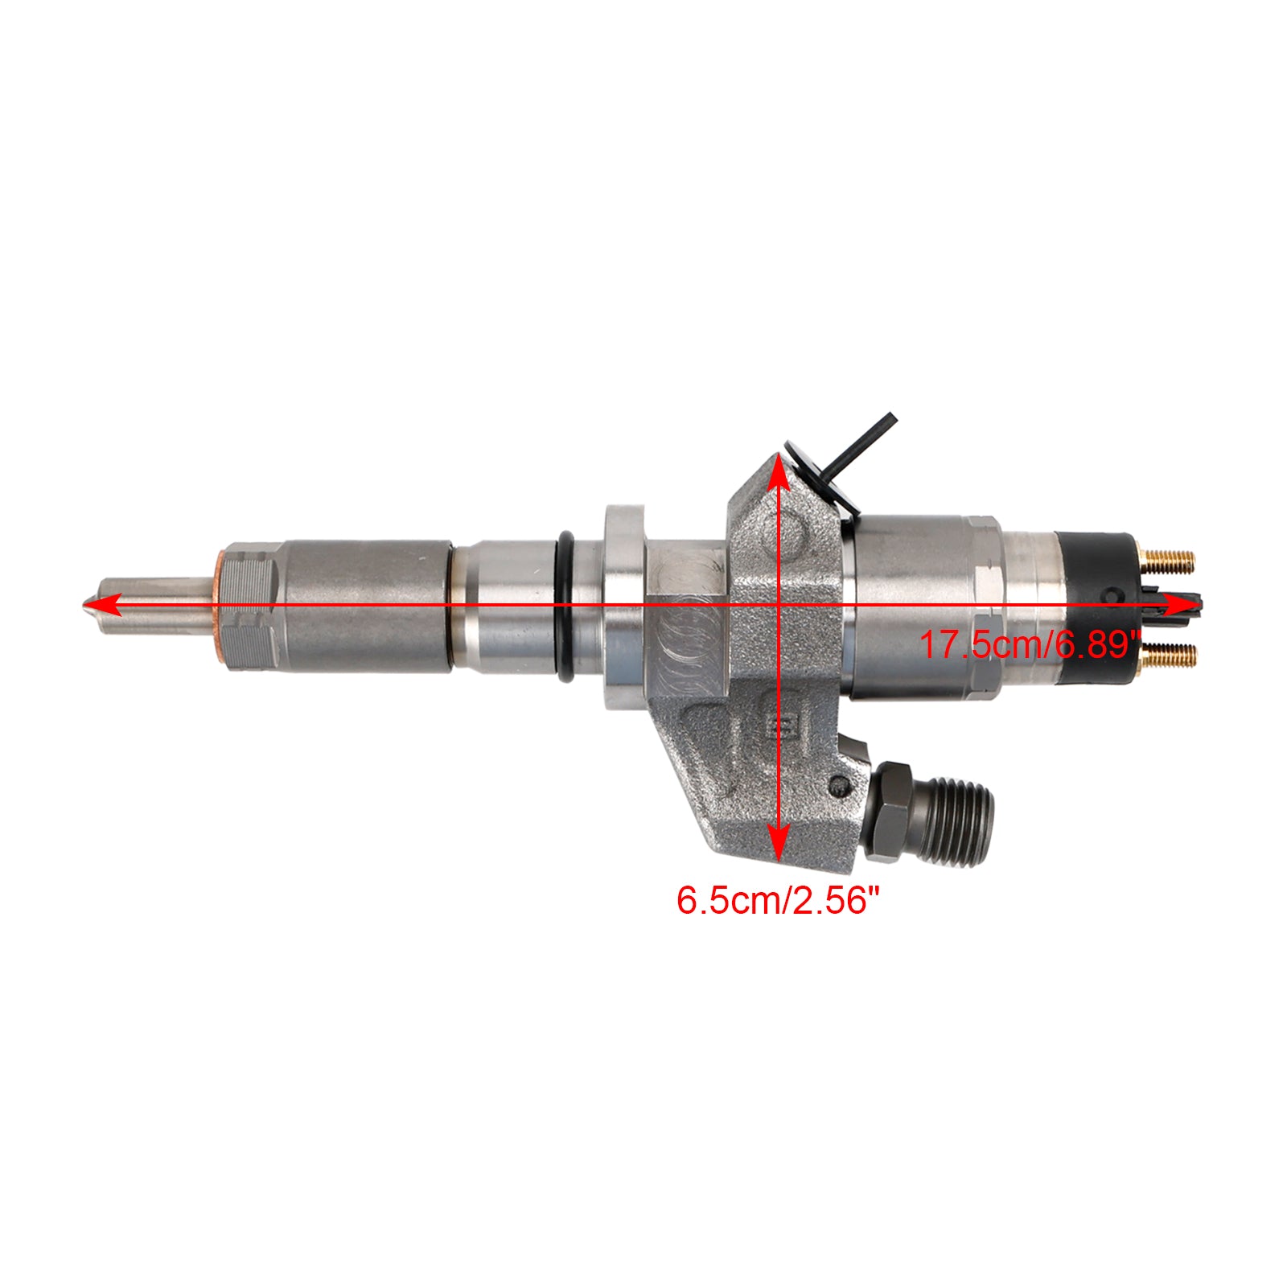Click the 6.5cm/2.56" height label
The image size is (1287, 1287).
coord(774,900)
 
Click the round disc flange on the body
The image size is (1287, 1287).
coord(624,607)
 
